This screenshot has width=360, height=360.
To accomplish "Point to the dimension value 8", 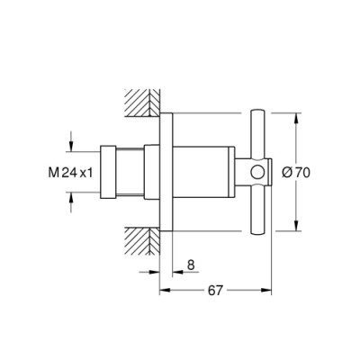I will coord(190,265).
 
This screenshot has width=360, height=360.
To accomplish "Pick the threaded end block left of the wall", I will coord(107,171).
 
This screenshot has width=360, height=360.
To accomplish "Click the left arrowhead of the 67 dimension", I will coord(164,291).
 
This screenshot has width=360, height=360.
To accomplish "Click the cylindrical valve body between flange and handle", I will coord(207,171).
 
